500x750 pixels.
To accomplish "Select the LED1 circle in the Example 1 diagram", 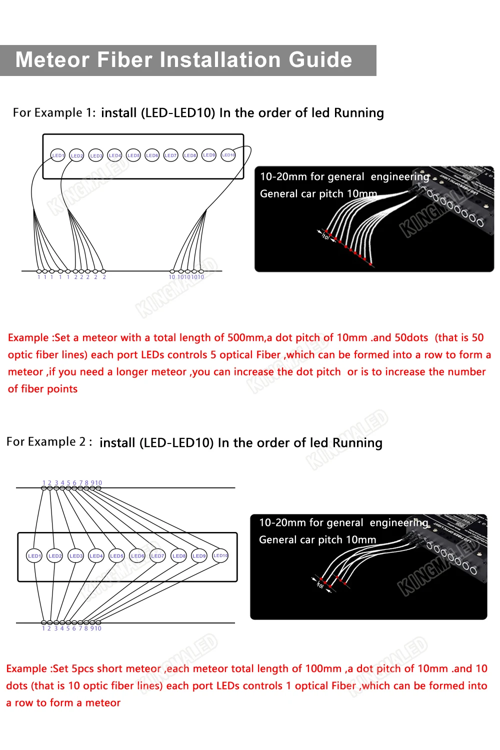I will pyautogui.click(x=58, y=155).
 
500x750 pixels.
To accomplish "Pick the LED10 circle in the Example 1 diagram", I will pyautogui.click(x=228, y=155).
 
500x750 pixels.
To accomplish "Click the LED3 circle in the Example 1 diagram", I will pyautogui.click(x=96, y=155).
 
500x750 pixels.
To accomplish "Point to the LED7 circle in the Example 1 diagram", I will pyautogui.click(x=170, y=155).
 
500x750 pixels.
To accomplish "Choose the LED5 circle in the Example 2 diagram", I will pyautogui.click(x=116, y=555).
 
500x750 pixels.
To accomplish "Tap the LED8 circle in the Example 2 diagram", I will pyautogui.click(x=179, y=555).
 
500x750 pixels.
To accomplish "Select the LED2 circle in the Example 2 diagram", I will pyautogui.click(x=55, y=555).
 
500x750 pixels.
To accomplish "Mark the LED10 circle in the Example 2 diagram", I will pyautogui.click(x=220, y=555).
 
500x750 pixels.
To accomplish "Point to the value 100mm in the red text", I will pyautogui.click(x=323, y=668).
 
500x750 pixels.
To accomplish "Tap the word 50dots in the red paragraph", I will pyautogui.click(x=411, y=337).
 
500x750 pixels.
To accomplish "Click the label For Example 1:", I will pyautogui.click(x=54, y=113).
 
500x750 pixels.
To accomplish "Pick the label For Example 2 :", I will pyautogui.click(x=49, y=442).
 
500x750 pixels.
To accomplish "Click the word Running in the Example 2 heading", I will pyautogui.click(x=357, y=443).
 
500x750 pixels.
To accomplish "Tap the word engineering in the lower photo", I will pyautogui.click(x=399, y=523).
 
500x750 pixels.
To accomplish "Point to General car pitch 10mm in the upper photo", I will pyautogui.click(x=318, y=194).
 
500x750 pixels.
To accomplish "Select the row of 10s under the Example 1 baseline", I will pyautogui.click(x=186, y=277).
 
